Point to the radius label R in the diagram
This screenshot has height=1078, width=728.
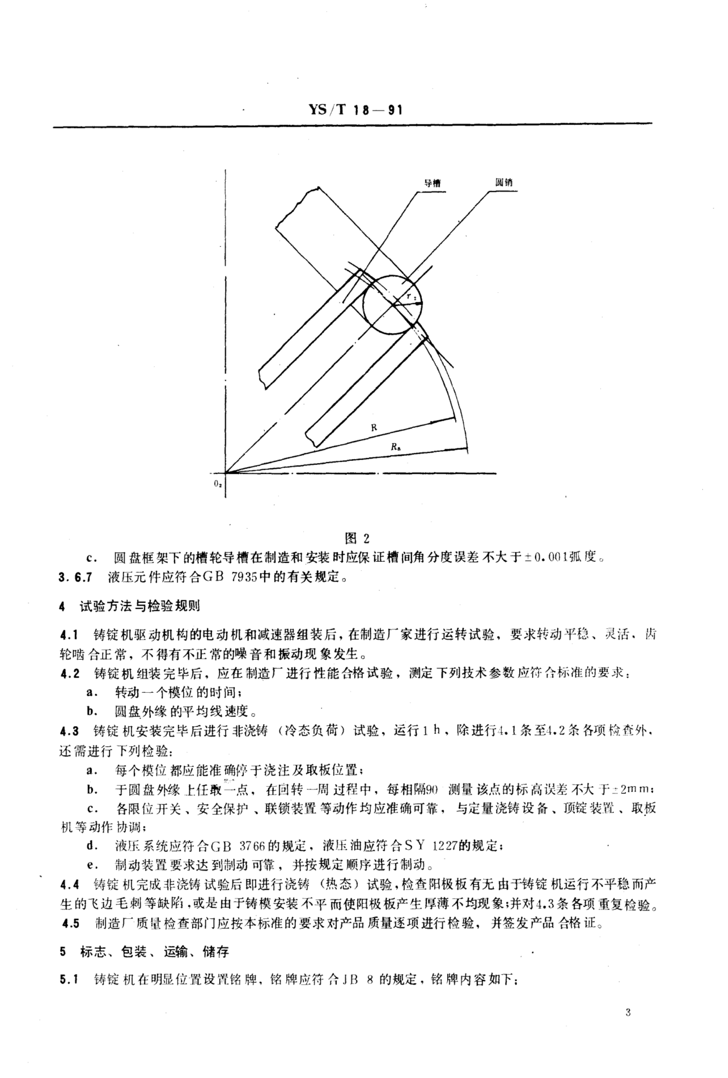coord(374,428)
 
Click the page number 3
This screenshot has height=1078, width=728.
coord(628,1012)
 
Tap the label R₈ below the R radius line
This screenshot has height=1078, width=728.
coord(395,447)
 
